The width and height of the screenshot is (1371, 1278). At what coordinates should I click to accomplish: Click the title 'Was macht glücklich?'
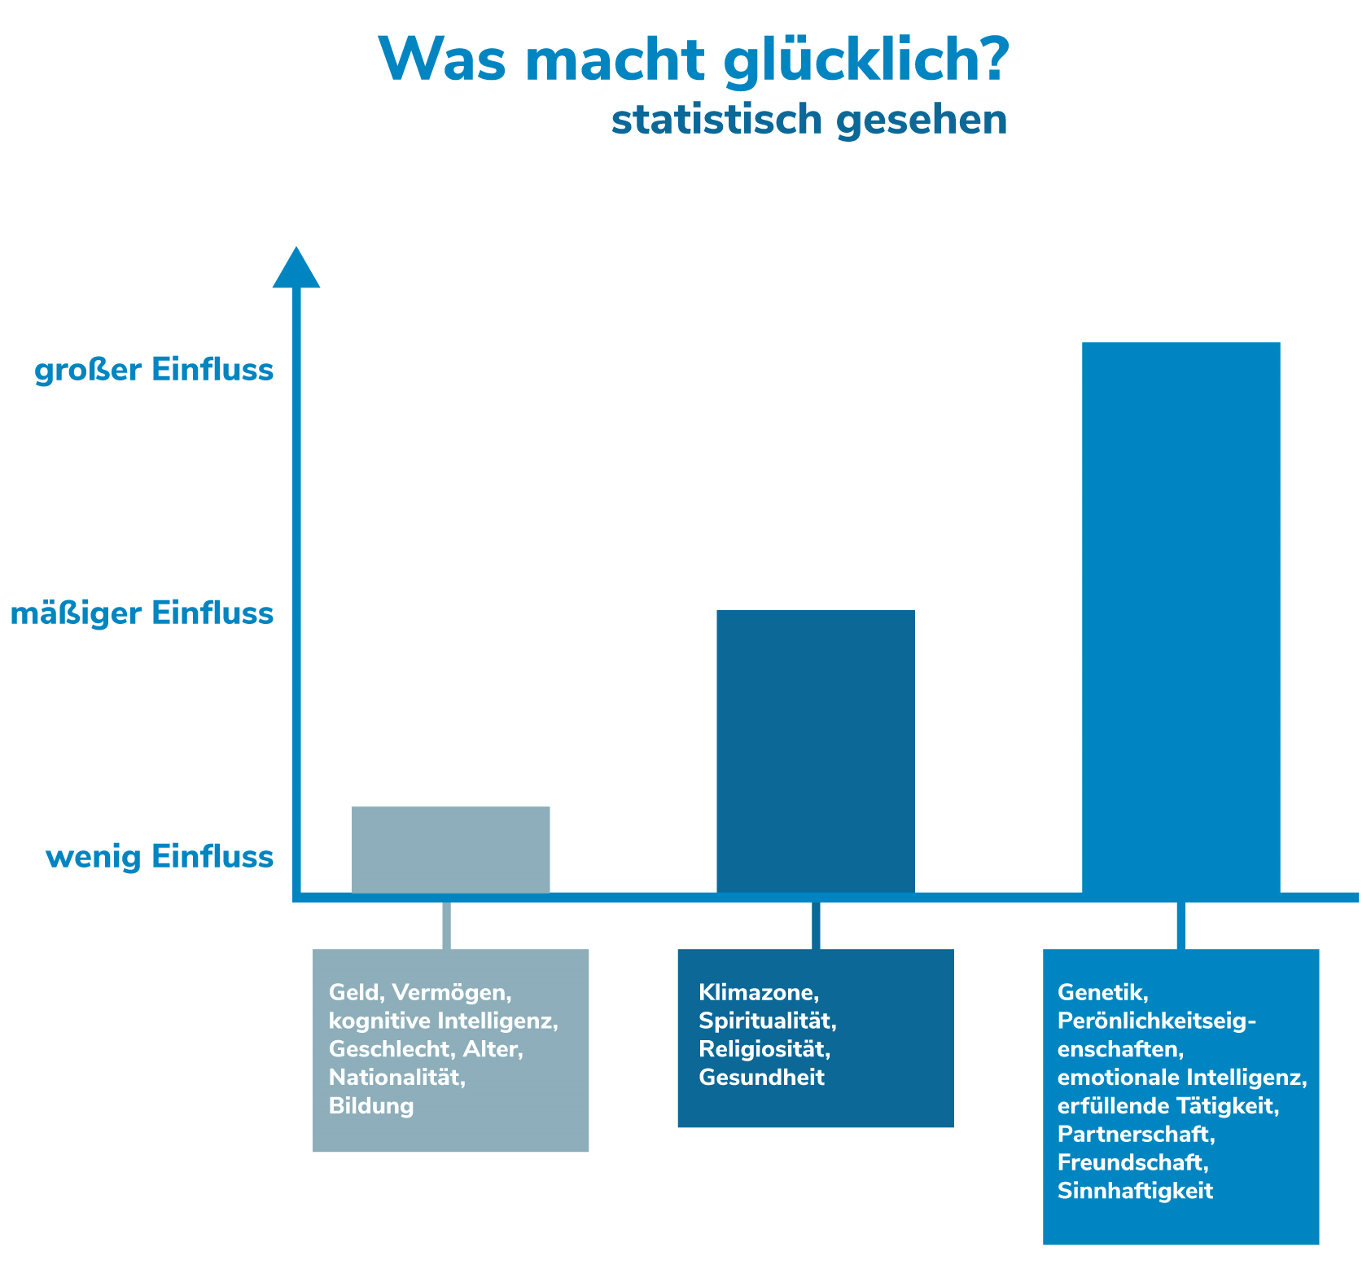pyautogui.click(x=694, y=60)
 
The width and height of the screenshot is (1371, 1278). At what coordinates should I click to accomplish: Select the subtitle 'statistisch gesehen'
pyautogui.click(x=808, y=120)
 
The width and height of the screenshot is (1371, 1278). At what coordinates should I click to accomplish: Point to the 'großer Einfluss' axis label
pyautogui.click(x=154, y=371)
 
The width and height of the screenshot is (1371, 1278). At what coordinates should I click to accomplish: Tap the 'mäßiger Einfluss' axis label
pyautogui.click(x=142, y=613)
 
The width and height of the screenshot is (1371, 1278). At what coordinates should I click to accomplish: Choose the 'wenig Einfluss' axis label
pyautogui.click(x=160, y=858)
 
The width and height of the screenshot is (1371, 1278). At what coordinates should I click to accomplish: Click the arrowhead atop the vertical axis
pyautogui.click(x=296, y=269)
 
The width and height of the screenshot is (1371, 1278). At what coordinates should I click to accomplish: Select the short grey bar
pyautogui.click(x=450, y=850)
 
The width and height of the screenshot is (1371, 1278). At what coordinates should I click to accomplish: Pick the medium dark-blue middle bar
pyautogui.click(x=815, y=751)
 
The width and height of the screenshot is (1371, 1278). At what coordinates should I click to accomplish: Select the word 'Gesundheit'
pyautogui.click(x=761, y=1078)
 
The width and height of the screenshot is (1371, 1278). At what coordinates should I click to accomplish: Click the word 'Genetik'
pyautogui.click(x=1102, y=992)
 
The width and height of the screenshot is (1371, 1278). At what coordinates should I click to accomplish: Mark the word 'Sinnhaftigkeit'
pyautogui.click(x=1135, y=1191)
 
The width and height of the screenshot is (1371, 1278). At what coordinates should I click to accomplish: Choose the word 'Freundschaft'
pyautogui.click(x=1130, y=1162)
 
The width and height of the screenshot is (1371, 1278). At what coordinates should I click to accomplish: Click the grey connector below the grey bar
pyautogui.click(x=446, y=925)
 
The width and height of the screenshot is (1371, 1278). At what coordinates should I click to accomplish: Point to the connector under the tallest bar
pyautogui.click(x=1180, y=925)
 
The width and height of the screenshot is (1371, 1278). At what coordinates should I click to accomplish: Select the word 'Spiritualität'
pyautogui.click(x=767, y=1021)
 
